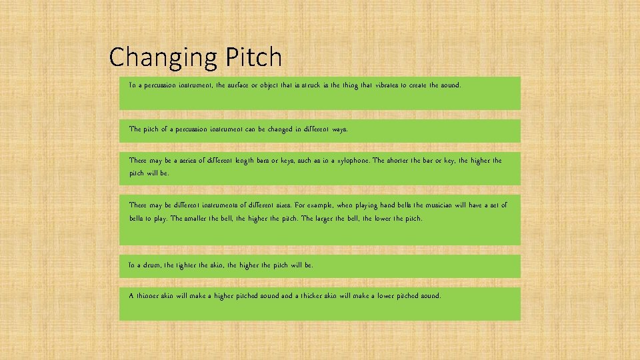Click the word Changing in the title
tap(160, 59)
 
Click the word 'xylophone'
tap(351, 161)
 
